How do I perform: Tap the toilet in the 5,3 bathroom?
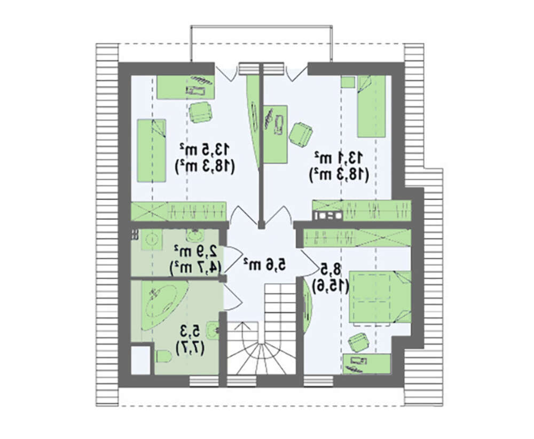coord(163,356)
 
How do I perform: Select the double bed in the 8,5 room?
coord(380,296)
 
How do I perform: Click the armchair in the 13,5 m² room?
coord(201,112)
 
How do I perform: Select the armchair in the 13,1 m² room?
coord(301,134)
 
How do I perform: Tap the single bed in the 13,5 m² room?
coord(152,150)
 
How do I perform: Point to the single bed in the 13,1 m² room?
coord(371,106)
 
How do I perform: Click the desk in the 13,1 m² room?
coord(276,134)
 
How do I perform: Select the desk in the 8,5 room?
coord(367,364)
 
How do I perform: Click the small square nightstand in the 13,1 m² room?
coord(348,82)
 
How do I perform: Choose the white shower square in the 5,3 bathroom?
coord(140,360)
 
